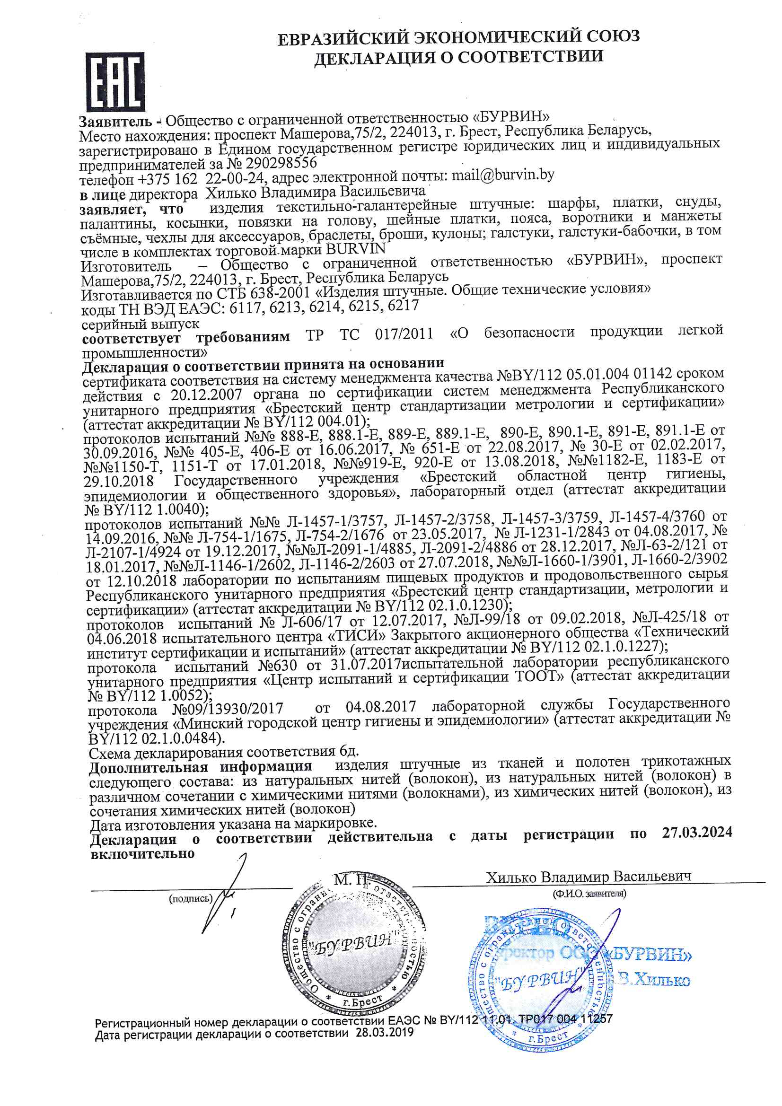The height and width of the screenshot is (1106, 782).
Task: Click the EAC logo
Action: [x=115, y=81]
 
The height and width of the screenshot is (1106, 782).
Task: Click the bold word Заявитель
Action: [x=115, y=121]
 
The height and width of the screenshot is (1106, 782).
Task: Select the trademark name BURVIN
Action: [x=356, y=249]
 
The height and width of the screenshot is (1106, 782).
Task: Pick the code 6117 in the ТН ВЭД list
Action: [x=246, y=307]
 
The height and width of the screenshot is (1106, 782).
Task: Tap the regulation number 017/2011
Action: [x=404, y=334]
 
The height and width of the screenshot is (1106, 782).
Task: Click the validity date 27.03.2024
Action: [x=697, y=833]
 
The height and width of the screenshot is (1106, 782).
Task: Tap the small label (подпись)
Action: [x=190, y=898]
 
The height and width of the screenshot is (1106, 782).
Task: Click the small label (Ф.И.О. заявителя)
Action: [x=589, y=894]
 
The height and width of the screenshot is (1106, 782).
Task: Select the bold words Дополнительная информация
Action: [x=200, y=767]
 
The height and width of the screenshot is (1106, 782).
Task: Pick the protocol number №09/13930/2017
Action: [x=228, y=709]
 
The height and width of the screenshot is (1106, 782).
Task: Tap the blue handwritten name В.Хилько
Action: [x=654, y=979]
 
